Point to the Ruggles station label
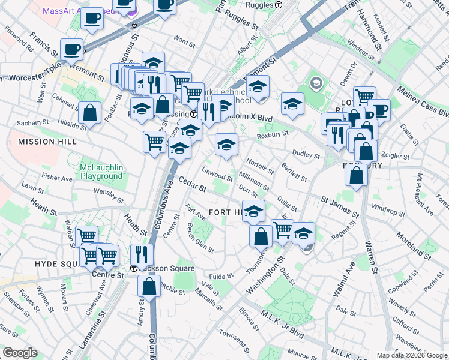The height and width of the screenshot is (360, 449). [x=261, y=5]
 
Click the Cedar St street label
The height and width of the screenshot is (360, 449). [x=192, y=184]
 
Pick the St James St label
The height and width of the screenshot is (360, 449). [x=340, y=207]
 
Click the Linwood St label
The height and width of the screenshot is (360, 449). [x=217, y=175]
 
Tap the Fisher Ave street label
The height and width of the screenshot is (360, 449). [x=57, y=178]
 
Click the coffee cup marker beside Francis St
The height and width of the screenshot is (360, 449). [x=71, y=50]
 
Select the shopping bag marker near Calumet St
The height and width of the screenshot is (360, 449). [x=89, y=113]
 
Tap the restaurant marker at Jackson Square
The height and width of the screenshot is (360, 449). [x=142, y=254]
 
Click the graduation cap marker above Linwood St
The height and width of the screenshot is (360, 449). [x=226, y=145]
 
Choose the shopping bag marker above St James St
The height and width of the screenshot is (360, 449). [x=357, y=175]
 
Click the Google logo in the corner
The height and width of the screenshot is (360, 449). [x=19, y=353]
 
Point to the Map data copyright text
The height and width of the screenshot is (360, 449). [x=412, y=355]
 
